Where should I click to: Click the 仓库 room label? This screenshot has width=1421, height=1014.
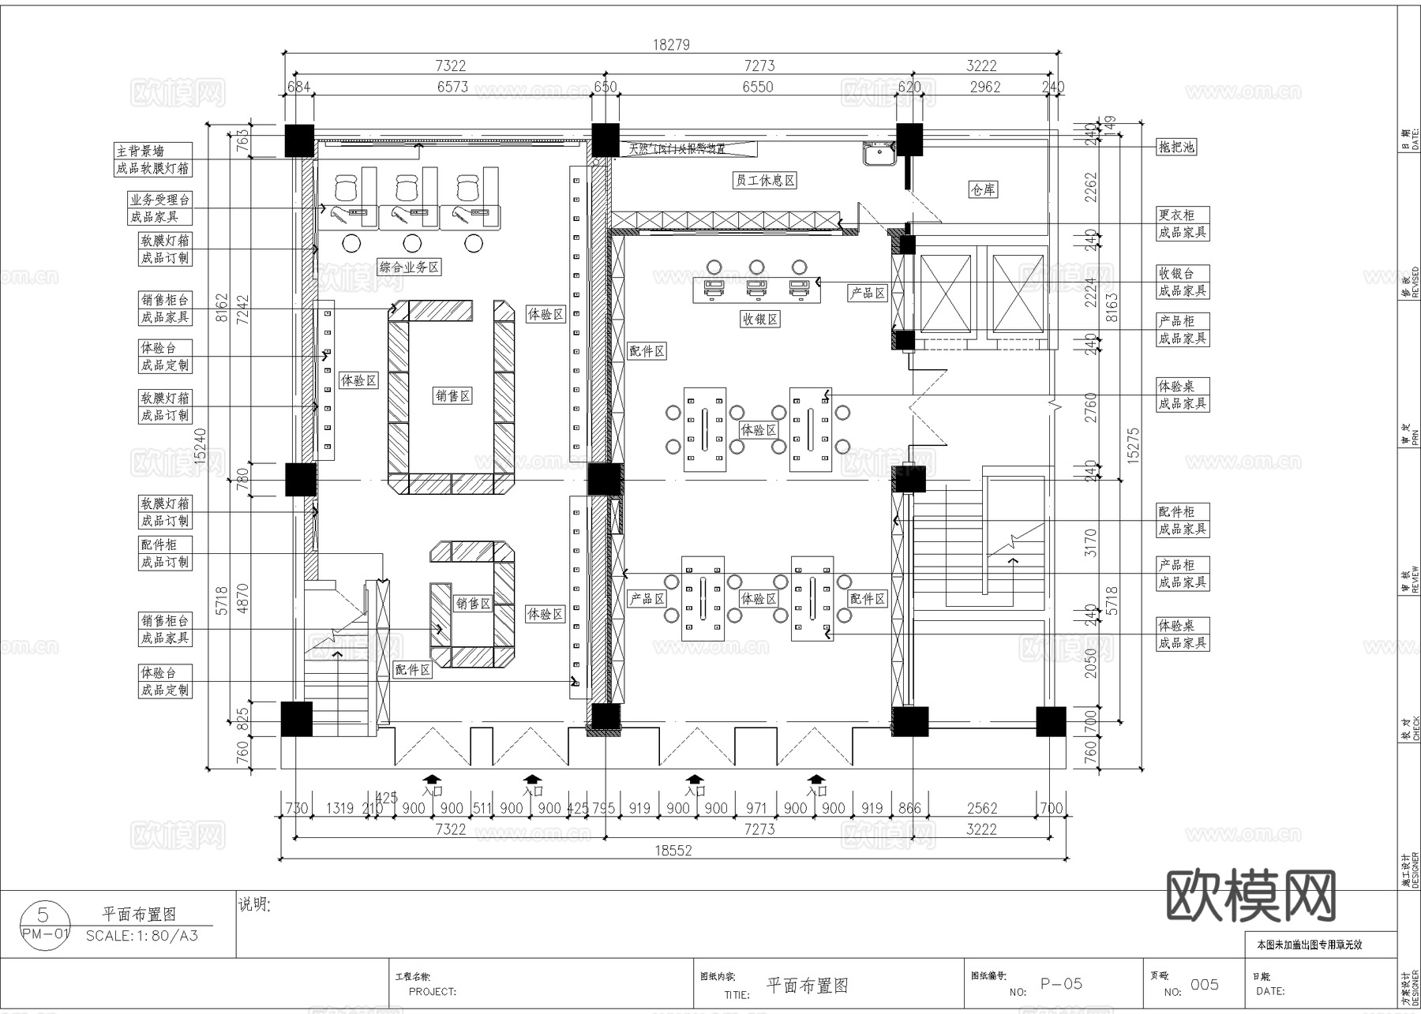983,189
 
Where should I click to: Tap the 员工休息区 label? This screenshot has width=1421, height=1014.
765,181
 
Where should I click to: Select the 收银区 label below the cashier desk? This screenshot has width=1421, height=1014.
760,319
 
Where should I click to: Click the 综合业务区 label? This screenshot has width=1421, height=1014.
409,267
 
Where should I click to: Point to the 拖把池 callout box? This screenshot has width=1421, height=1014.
1176,147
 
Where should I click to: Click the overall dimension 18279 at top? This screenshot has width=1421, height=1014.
670,45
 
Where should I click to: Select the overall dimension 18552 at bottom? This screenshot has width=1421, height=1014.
673,850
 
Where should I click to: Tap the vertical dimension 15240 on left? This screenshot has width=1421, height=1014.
200,446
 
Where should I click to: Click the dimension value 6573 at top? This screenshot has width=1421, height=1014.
452,87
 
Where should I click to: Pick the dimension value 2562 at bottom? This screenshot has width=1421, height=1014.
981,808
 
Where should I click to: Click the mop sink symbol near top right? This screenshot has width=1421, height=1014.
879,155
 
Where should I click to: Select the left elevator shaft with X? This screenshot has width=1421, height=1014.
944,294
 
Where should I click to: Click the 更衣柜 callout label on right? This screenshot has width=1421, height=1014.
1176,215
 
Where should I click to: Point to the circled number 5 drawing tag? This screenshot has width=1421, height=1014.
43,915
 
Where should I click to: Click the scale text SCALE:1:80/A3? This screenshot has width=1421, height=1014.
142,936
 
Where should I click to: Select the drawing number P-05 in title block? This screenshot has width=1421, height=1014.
1061,984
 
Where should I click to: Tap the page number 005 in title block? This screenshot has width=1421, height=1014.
1204,984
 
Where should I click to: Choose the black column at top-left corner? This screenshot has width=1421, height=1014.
298,140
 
